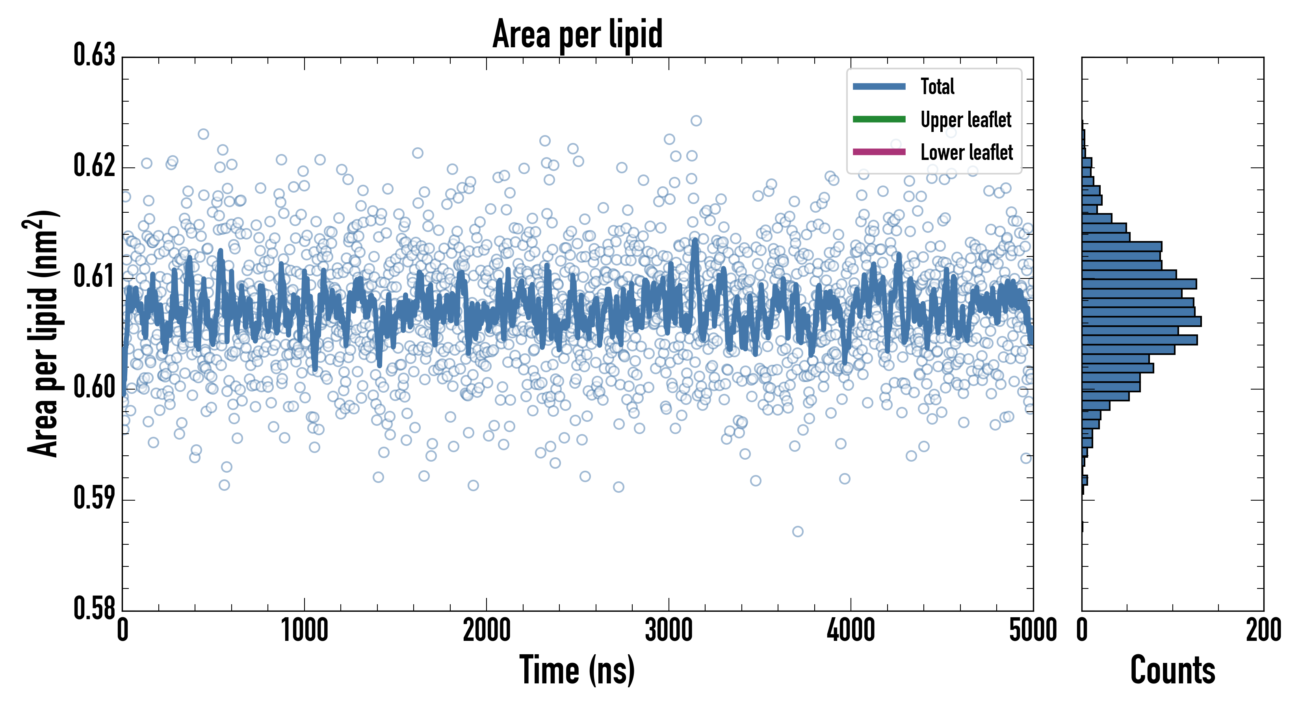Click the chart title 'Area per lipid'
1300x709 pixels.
click(578, 34)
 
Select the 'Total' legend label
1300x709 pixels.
click(937, 87)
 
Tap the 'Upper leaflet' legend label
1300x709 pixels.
click(966, 120)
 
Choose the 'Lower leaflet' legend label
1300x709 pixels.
click(966, 152)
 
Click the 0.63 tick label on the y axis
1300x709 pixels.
click(95, 56)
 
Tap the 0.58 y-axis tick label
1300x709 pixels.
click(95, 609)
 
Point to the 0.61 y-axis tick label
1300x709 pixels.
click(95, 277)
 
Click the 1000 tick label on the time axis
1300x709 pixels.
click(304, 631)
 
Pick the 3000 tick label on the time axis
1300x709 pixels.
click(669, 631)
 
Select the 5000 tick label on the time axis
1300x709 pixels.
click(1033, 631)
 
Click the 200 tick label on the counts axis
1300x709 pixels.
click(1263, 631)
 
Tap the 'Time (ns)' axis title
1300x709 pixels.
click(578, 670)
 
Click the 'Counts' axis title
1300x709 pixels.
click(1172, 670)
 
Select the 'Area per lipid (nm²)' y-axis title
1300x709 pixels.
click(43, 333)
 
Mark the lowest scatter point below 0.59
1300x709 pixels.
click(797, 531)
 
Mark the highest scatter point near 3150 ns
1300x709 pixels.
click(696, 121)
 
